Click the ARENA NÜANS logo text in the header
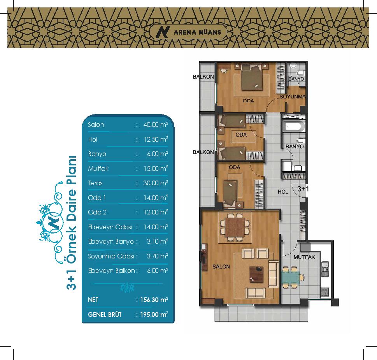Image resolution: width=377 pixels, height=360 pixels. pyautogui.click(x=197, y=32)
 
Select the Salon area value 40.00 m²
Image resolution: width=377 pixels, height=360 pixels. pyautogui.click(x=156, y=125)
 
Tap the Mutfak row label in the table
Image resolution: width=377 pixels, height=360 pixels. pyautogui.click(x=98, y=169)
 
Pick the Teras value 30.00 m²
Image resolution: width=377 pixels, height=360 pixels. pyautogui.click(x=156, y=183)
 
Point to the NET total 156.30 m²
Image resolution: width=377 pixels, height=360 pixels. pyautogui.click(x=154, y=300)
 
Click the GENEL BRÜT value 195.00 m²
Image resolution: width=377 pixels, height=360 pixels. pyautogui.click(x=154, y=314)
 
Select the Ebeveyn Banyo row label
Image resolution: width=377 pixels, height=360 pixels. pyautogui.click(x=111, y=241)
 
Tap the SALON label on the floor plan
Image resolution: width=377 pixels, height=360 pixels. pyautogui.click(x=221, y=267)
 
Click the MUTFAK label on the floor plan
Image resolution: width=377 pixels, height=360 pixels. pyautogui.click(x=304, y=257)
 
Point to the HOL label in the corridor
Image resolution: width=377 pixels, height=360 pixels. pyautogui.click(x=283, y=191)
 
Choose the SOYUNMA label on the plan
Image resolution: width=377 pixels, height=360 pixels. pyautogui.click(x=293, y=97)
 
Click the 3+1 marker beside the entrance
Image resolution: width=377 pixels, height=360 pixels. pyautogui.click(x=303, y=189)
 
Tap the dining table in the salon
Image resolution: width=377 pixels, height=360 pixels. pyautogui.click(x=235, y=227)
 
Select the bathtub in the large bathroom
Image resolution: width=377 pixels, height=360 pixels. pyautogui.click(x=294, y=126)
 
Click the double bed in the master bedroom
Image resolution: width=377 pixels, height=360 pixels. pyautogui.click(x=251, y=77)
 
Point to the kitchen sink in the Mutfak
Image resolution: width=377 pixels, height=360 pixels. pyautogui.click(x=325, y=269)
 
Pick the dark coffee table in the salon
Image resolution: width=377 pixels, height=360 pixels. pyautogui.click(x=256, y=274)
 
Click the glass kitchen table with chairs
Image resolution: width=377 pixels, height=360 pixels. pyautogui.click(x=292, y=277)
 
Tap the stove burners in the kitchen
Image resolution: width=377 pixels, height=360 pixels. pyautogui.click(x=324, y=292)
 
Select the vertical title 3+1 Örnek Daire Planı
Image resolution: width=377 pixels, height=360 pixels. pyautogui.click(x=72, y=223)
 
